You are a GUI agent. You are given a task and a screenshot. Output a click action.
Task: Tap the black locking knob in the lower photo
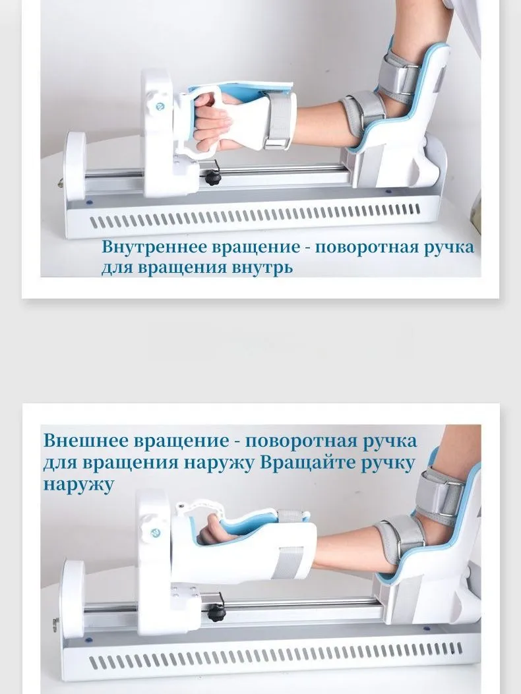216,614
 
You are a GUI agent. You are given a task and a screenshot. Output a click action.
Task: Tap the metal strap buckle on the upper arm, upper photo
411,79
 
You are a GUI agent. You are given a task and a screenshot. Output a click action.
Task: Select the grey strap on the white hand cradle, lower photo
288,563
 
